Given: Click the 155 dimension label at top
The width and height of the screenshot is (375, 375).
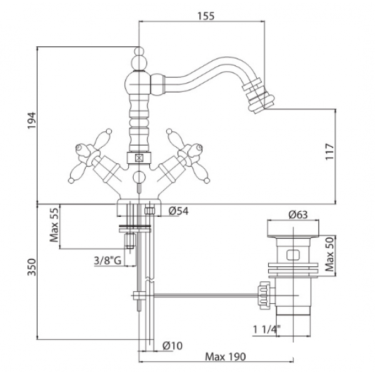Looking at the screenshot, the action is [x=206, y=16].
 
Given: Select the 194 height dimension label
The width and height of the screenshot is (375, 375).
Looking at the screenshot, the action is [x=31, y=120].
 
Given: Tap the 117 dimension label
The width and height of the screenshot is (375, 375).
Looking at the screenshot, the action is [x=329, y=152].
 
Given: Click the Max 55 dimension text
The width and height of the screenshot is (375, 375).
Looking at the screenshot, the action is [x=54, y=225].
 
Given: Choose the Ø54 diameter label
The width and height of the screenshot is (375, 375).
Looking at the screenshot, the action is [x=178, y=211].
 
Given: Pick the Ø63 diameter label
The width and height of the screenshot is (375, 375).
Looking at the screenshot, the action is [x=298, y=214].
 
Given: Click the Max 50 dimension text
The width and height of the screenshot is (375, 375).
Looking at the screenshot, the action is [x=329, y=254].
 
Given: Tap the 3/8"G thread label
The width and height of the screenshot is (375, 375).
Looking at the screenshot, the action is [x=107, y=261].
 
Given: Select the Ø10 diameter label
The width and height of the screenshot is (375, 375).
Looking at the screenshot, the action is [x=172, y=346].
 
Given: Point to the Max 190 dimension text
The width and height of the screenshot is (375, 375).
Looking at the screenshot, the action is [x=225, y=357].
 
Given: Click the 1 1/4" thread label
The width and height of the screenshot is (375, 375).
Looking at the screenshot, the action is [x=267, y=329].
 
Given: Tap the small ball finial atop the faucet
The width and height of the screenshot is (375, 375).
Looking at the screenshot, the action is [x=139, y=51].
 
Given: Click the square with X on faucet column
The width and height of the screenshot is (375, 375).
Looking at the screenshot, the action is [x=139, y=158].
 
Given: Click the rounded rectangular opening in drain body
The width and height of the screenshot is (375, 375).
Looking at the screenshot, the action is [x=292, y=254].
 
